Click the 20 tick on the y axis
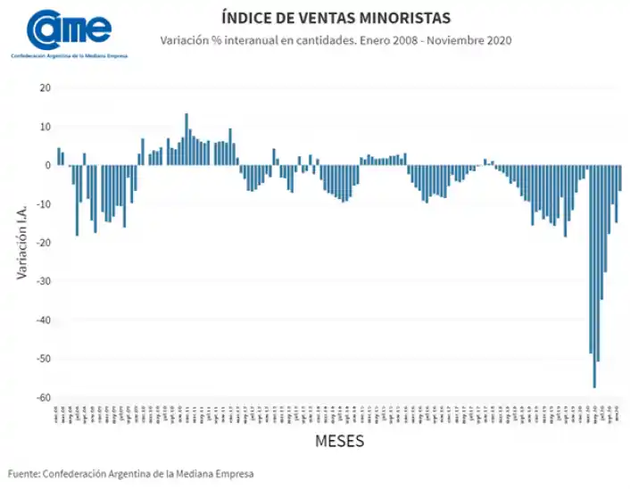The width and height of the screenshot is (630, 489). pos(45,87)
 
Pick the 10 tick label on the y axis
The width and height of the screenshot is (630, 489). pos(45,127)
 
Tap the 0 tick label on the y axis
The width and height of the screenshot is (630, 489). pos(47,165)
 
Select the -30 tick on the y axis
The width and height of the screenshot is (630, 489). pos(43,281)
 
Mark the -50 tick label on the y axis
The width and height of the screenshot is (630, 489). pos(43,359)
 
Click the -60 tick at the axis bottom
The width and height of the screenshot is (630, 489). pos(43,397)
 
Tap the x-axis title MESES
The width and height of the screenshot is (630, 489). pos(339,441)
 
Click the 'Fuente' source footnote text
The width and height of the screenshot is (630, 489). pos(131,473)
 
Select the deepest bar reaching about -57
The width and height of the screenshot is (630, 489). pos(594,277)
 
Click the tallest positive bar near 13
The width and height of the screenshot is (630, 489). pos(187,139)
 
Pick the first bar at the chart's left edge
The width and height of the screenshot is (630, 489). pos(59,156)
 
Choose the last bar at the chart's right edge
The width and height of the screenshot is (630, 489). pos(620,178)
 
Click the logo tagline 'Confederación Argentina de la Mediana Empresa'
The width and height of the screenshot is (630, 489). pos(69,56)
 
